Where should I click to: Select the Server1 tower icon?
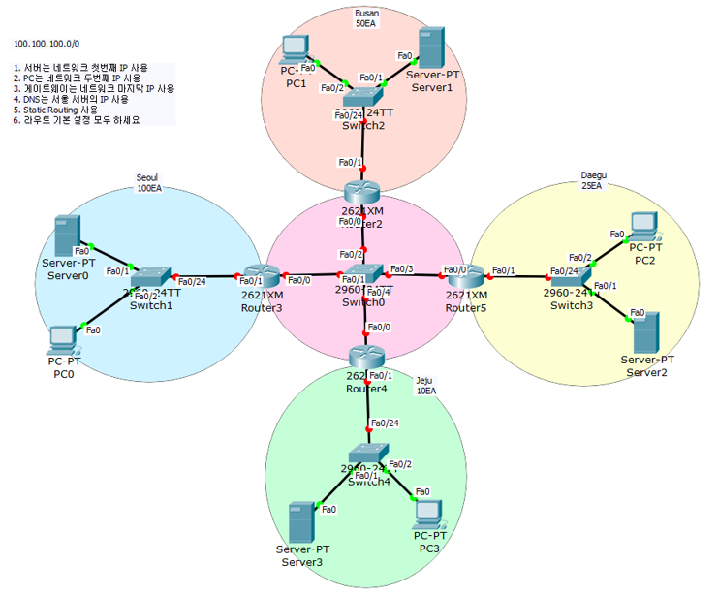(x=429, y=47)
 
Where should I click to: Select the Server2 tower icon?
(x=646, y=332)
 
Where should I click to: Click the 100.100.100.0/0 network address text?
(x=47, y=45)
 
